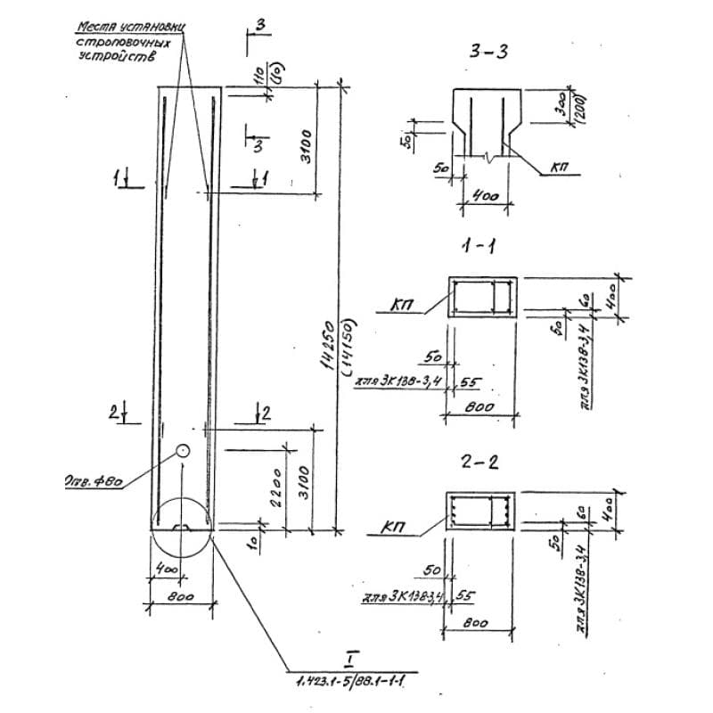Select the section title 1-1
(481, 247)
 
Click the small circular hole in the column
(182, 451)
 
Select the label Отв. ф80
(94, 483)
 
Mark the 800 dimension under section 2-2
(478, 623)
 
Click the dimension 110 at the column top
(261, 78)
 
